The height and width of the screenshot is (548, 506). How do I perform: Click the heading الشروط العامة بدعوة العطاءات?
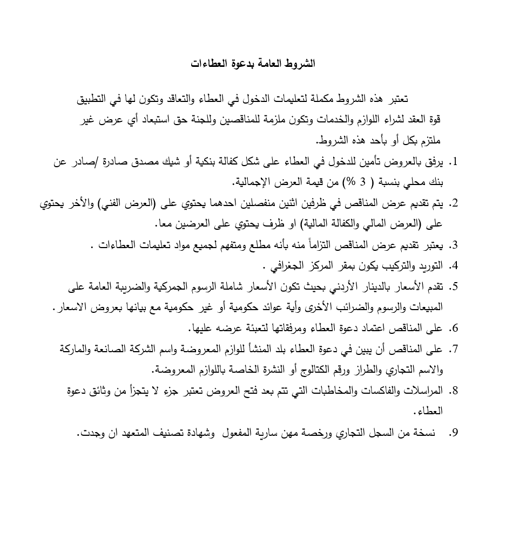[x=253, y=64]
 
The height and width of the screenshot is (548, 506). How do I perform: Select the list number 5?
[x=454, y=286]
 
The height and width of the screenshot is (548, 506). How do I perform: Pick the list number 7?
[x=454, y=349]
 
